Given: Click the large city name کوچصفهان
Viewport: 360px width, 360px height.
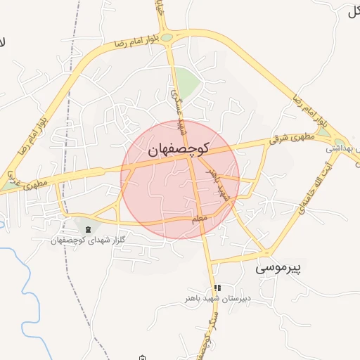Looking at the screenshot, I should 179,149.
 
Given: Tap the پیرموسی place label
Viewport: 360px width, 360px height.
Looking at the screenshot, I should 278,268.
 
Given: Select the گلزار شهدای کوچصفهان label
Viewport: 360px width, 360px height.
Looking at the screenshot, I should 86,240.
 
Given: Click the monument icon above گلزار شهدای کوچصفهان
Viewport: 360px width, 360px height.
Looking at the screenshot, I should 87,229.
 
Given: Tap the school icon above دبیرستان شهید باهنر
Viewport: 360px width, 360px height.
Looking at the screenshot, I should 218,288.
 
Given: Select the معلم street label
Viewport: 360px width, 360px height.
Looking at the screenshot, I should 200,221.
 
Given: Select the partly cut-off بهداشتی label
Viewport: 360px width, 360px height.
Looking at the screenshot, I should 344,148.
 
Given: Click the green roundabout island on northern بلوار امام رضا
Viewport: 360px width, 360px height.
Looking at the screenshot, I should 167,37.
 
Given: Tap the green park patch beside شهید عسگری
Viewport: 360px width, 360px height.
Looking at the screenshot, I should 188,81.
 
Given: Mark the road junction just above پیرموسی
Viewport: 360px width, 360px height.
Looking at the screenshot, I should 267,251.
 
